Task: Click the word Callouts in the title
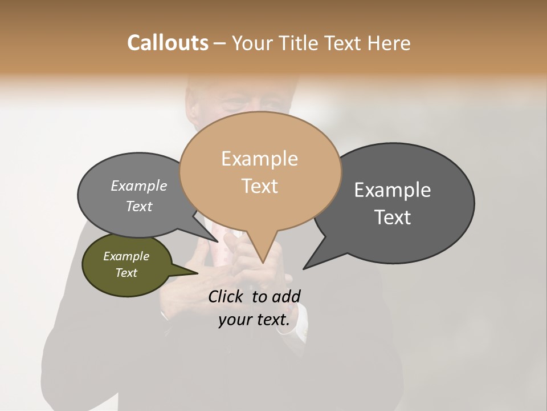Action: pyautogui.click(x=168, y=43)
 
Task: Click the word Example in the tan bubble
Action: pyautogui.click(x=259, y=159)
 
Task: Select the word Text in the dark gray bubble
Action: pyautogui.click(x=393, y=217)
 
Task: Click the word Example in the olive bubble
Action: pyautogui.click(x=126, y=256)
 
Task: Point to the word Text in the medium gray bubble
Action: pyautogui.click(x=139, y=206)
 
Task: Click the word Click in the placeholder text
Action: pyautogui.click(x=226, y=296)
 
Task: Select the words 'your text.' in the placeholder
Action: pyautogui.click(x=254, y=320)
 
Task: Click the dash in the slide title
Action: pyautogui.click(x=220, y=43)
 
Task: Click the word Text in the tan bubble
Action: pyautogui.click(x=259, y=186)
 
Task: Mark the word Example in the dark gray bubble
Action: pyautogui.click(x=393, y=190)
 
